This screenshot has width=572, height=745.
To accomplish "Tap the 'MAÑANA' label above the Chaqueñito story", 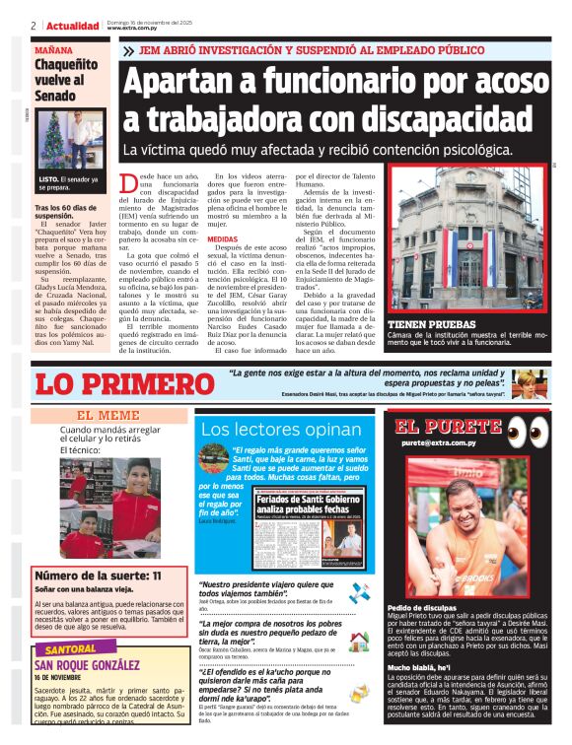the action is (x=53, y=49).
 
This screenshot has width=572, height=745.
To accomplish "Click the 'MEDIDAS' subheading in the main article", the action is (x=222, y=239).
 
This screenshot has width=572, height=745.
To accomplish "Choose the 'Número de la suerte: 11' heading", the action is (x=98, y=575).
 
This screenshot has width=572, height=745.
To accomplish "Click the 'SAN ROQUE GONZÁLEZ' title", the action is (x=96, y=666).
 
